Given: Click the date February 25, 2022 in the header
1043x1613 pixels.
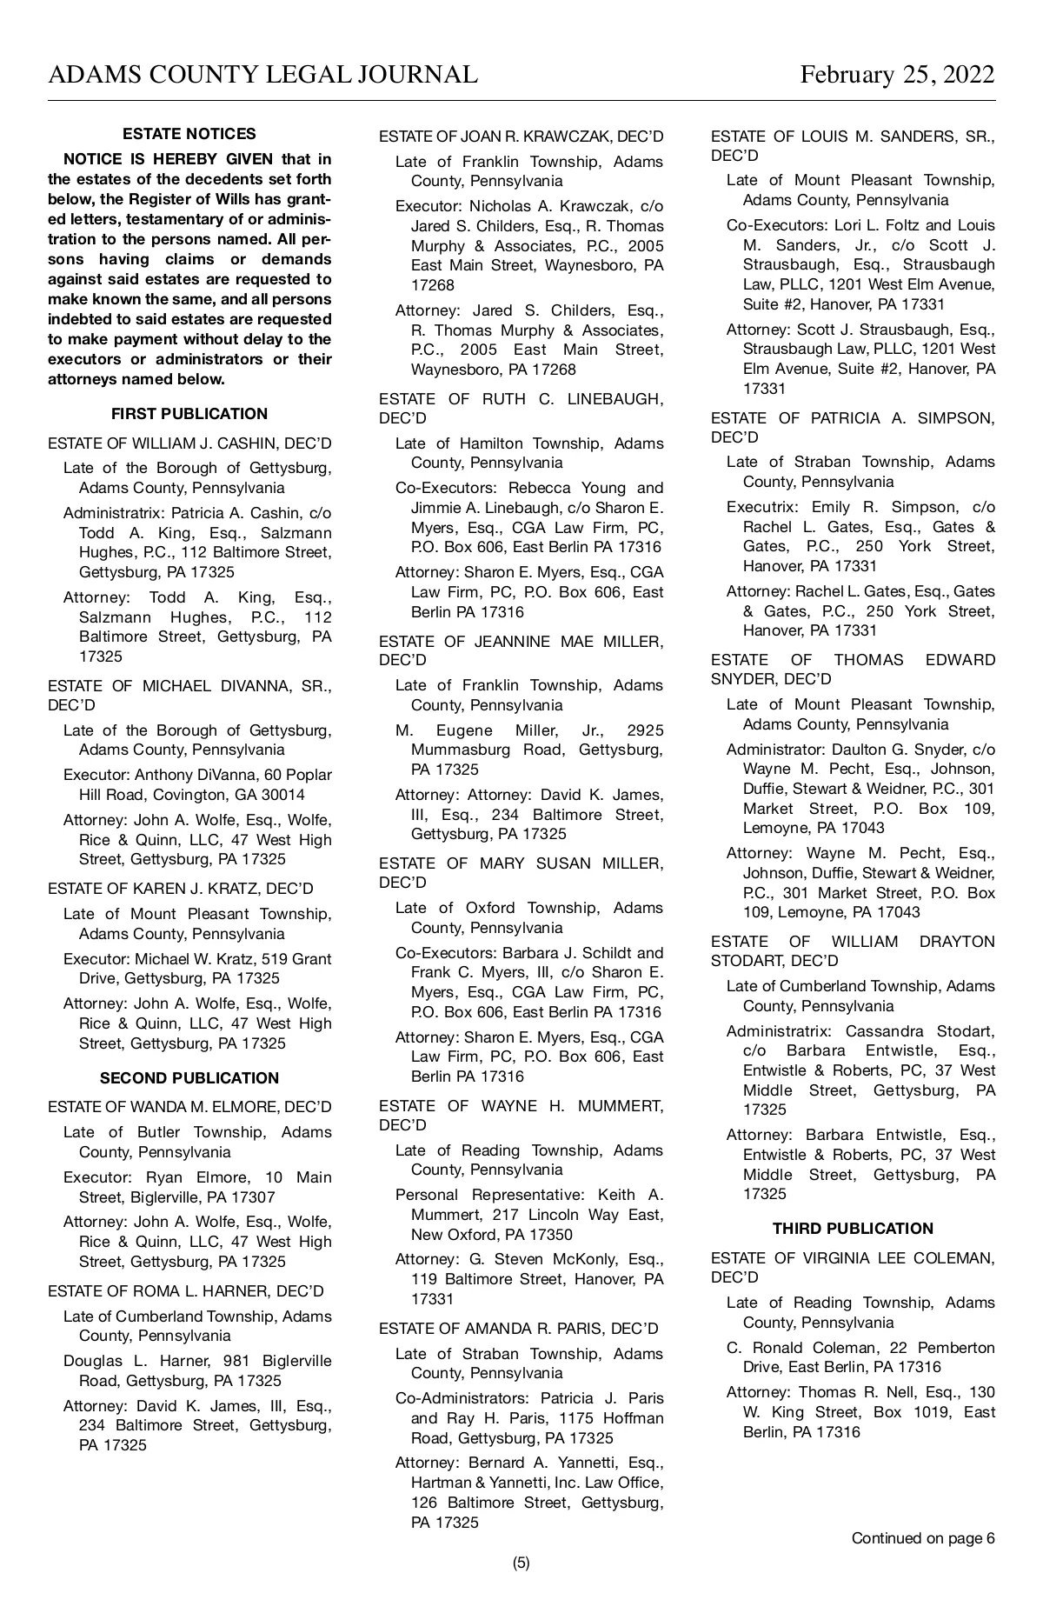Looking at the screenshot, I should pos(897,75).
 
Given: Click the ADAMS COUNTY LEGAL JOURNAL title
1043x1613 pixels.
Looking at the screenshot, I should pos(262,75).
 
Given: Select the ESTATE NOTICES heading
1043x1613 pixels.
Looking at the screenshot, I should pos(189,134).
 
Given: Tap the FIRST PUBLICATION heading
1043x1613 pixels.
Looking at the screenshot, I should pos(189,414).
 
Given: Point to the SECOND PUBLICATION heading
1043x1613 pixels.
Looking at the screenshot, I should pos(189,1078).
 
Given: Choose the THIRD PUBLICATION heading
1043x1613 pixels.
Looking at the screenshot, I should pos(853,1229).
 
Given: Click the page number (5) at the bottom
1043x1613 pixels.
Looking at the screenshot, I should pos(521,1563).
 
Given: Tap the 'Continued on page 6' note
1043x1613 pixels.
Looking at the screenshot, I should pos(922,1538).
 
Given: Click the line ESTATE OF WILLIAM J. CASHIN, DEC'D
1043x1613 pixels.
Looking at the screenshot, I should pos(189,443).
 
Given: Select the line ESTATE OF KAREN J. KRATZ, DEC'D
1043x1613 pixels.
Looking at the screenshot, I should pos(181,889).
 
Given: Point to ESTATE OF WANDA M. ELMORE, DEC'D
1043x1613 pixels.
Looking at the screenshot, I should pos(189,1107).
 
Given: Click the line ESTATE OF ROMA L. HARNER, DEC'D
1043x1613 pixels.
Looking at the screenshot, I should pos(186,1291).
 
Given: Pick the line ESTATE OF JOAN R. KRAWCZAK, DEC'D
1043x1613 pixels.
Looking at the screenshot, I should pos(521,137).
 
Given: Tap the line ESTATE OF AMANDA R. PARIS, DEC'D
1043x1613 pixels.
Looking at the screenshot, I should pos(519,1329).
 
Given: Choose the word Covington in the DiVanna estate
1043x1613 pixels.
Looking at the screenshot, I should pos(180,795).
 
